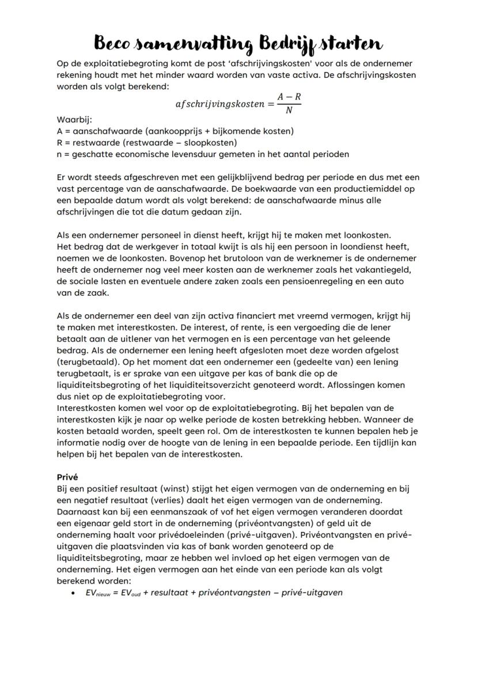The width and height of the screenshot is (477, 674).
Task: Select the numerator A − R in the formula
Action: pos(289,97)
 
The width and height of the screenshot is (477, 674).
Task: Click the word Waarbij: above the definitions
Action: pos(71,120)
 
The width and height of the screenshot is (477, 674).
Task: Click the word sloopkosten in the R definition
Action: pos(211,143)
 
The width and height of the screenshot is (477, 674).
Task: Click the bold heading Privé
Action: pos(67,477)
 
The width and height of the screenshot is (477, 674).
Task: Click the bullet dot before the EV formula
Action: pos(72,592)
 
